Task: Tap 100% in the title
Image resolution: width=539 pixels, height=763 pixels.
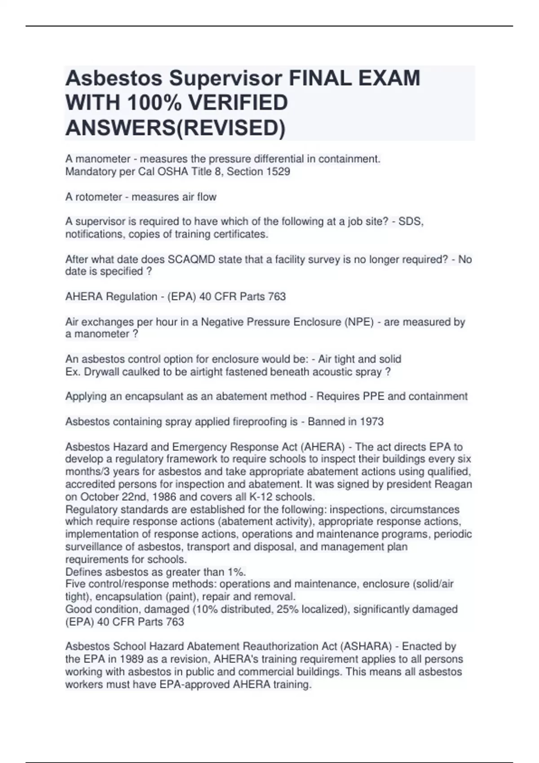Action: click(x=152, y=103)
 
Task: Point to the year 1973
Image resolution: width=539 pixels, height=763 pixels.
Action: click(x=371, y=421)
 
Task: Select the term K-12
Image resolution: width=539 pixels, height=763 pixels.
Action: click(x=253, y=497)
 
